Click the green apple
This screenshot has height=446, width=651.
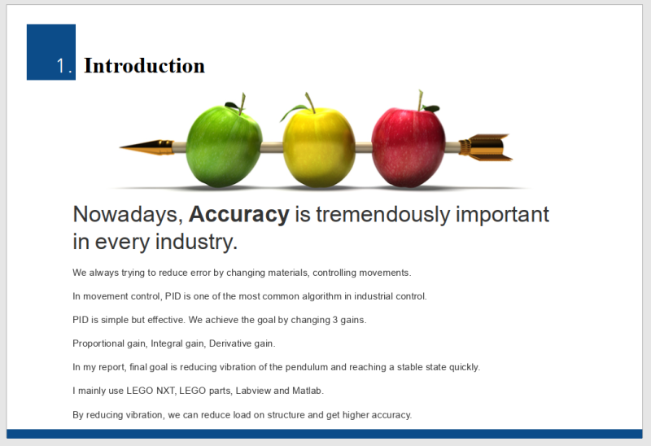(225, 146)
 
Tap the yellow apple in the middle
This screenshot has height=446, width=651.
(319, 146)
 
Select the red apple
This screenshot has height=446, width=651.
(409, 147)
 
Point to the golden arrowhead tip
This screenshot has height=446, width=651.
(120, 147)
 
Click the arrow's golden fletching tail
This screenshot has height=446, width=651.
(486, 147)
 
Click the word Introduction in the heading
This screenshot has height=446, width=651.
(145, 66)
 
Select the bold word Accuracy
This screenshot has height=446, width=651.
(238, 214)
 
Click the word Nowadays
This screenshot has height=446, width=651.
(128, 215)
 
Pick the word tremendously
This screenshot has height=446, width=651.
(382, 215)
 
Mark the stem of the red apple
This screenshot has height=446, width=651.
(420, 100)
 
